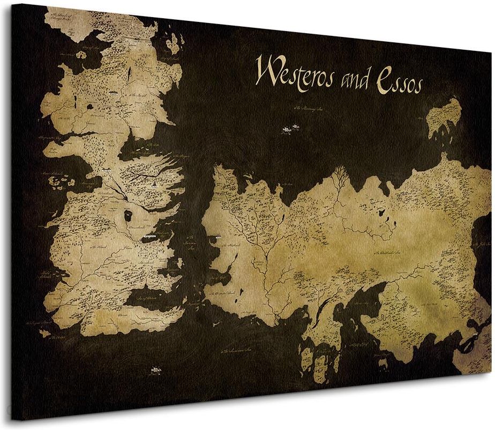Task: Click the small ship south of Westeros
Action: click(155, 369)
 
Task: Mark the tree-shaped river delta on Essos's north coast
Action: click(339, 177)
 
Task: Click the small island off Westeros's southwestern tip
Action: click(46, 333)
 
